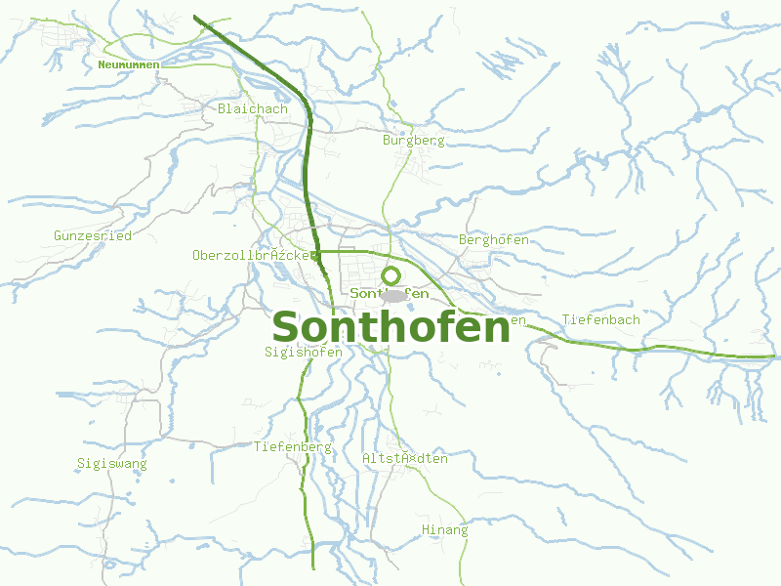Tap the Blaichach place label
click(253, 108)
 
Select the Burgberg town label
click(414, 141)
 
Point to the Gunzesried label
click(93, 235)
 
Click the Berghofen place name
click(494, 239)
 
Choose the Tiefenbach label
click(601, 320)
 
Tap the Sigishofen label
click(303, 353)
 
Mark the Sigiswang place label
click(112, 463)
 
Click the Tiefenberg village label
click(293, 447)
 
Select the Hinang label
click(444, 530)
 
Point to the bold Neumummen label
click(128, 64)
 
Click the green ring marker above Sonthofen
click(391, 275)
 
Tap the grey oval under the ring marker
click(392, 295)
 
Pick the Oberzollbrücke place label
click(251, 255)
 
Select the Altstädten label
click(404, 458)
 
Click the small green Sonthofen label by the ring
click(390, 293)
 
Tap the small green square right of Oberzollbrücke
click(314, 256)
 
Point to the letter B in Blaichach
click(223, 108)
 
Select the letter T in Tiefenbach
click(566, 320)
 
